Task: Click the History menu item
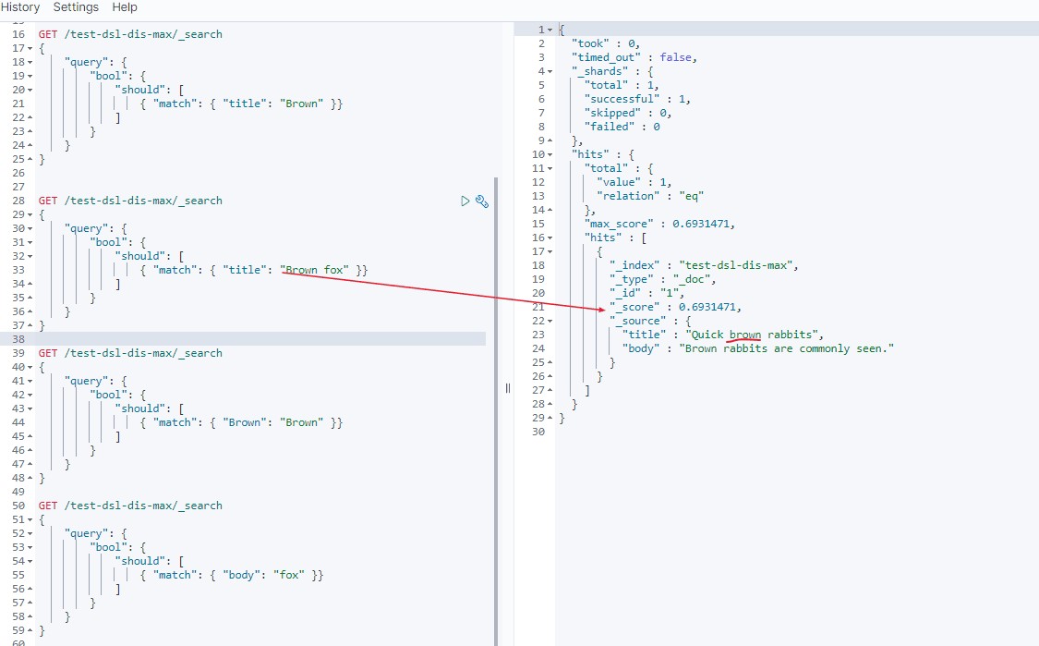[20, 7]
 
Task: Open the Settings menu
[76, 7]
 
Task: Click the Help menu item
[124, 7]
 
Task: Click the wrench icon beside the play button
[481, 201]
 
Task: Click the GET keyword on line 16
[48, 34]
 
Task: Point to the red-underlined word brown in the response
[744, 335]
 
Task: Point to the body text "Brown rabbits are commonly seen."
[790, 348]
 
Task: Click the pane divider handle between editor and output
[507, 388]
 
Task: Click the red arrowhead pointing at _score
[600, 310]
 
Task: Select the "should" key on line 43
[140, 408]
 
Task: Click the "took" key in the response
[593, 43]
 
